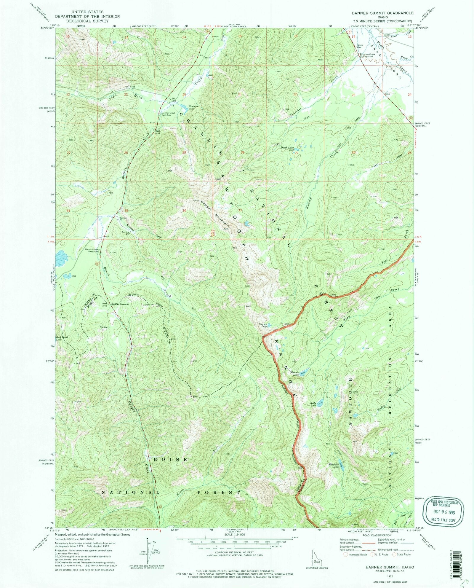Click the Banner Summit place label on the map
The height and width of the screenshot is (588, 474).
120,304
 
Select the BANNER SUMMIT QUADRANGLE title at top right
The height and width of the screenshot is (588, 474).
382,13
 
